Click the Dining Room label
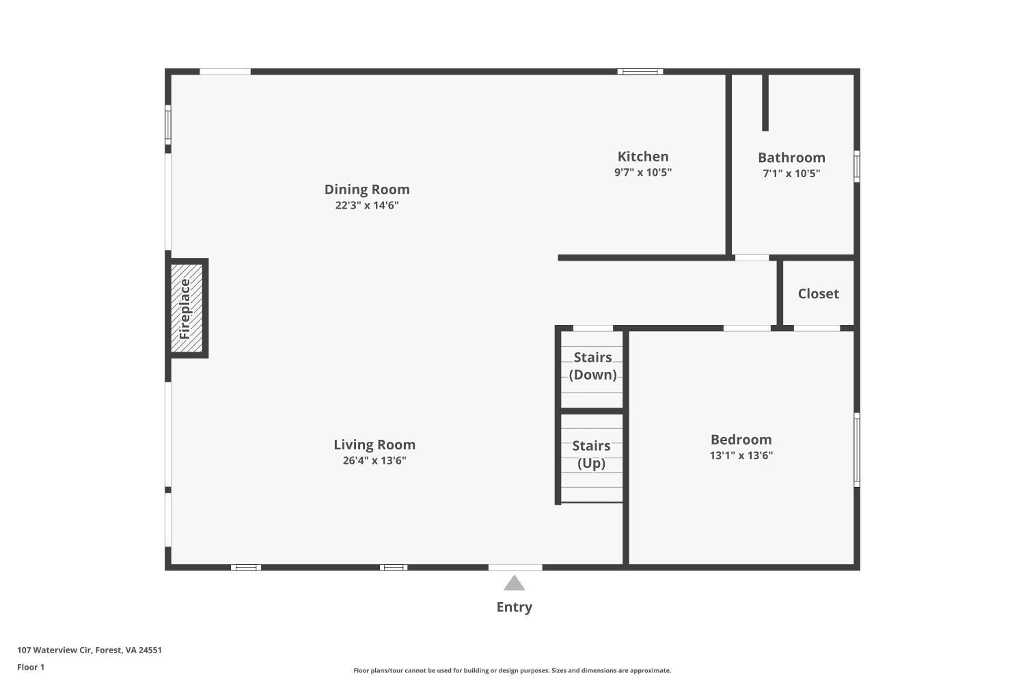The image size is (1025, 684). click(x=367, y=189)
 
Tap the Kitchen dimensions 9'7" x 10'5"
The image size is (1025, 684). click(x=642, y=172)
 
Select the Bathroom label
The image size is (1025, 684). click(x=791, y=157)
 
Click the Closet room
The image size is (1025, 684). click(x=818, y=293)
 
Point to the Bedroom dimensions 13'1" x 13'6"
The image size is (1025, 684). click(x=741, y=456)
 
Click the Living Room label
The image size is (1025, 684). click(x=374, y=445)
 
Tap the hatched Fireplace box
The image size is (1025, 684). click(x=187, y=308)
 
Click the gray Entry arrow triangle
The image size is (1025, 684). click(x=514, y=583)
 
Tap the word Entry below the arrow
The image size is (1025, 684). click(x=514, y=607)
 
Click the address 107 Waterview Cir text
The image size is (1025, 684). click(x=90, y=650)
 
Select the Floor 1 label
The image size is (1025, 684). click(x=31, y=668)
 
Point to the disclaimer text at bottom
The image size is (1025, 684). click(x=512, y=671)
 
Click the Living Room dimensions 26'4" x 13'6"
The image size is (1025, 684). click(x=374, y=461)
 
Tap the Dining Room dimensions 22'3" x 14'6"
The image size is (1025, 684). click(x=367, y=206)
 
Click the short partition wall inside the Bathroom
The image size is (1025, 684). click(x=765, y=103)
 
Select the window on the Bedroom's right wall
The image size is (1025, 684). click(x=857, y=449)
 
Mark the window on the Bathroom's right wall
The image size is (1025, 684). click(x=857, y=166)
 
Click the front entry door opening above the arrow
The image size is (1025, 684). click(x=515, y=567)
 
